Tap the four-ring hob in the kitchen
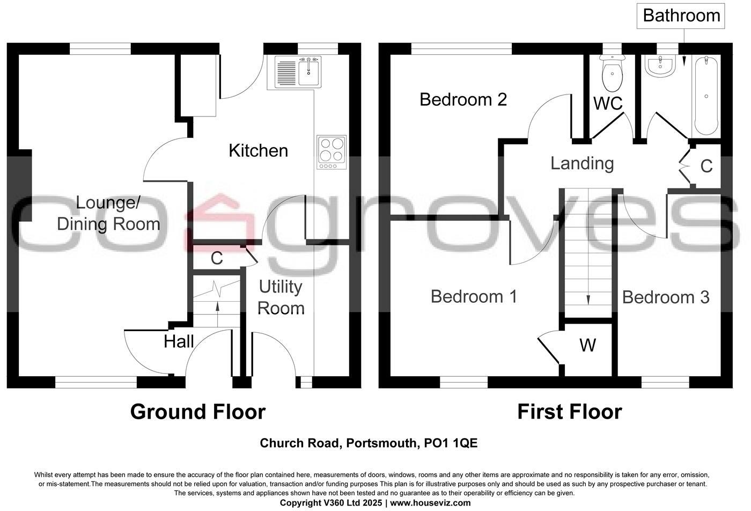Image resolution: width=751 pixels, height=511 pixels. pos(332,151)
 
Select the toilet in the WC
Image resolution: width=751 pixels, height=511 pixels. pos(612,74)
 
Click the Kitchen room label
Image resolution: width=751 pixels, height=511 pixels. pos(258,150)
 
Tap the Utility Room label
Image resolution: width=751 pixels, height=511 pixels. pos(281,297)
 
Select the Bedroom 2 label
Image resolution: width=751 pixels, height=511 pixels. pos(463,99)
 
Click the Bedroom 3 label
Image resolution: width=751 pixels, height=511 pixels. pos(666,297)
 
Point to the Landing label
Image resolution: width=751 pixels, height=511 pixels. pos(582,163)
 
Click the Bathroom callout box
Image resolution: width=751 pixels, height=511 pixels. pos(681,16)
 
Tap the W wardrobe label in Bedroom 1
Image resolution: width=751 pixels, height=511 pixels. pos(587,345)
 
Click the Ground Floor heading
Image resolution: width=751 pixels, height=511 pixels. pos(198,412)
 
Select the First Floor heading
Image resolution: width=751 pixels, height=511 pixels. pos(569,412)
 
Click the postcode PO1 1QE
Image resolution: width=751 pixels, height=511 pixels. pos(451,443)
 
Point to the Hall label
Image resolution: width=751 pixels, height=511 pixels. pos(179,341)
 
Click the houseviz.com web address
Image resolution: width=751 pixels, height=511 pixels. pos(430,503)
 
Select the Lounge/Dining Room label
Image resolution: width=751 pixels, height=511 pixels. pos(108,213)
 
